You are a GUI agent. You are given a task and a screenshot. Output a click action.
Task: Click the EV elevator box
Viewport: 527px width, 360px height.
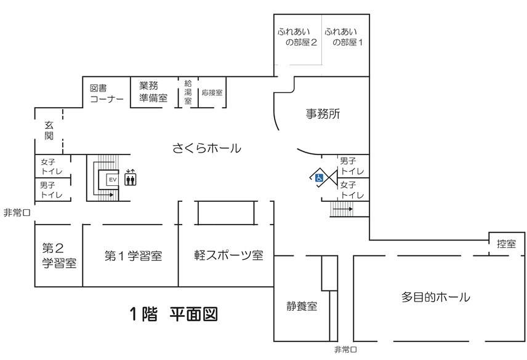tap(112, 180)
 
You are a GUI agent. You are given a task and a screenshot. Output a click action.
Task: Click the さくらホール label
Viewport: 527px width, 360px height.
tap(206, 148)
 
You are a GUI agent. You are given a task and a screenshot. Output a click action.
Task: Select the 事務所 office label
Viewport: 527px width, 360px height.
tap(323, 114)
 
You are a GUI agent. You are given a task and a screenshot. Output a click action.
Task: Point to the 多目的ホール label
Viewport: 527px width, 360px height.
tap(436, 297)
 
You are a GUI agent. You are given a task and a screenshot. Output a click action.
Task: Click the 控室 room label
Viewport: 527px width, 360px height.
tap(506, 244)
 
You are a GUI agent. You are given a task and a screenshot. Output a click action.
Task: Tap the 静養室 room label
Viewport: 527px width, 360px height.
tap(302, 306)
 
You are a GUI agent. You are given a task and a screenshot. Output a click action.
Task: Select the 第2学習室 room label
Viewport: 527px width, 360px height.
tap(59, 256)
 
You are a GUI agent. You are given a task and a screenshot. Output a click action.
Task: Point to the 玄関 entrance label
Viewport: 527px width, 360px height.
tap(49, 130)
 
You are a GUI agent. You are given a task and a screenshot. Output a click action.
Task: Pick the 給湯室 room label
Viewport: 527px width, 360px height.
tap(188, 92)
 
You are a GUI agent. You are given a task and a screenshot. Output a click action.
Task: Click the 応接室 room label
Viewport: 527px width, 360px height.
tap(212, 93)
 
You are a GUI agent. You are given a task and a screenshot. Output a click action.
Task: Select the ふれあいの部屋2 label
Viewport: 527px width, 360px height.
tap(298, 37)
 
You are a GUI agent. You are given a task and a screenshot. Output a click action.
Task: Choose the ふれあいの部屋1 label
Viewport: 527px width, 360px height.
tap(345, 37)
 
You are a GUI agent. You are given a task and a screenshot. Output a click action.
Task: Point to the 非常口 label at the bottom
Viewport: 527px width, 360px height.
tap(345, 350)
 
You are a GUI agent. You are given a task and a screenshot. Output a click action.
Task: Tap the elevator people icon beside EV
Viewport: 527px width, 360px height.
tap(131, 179)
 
